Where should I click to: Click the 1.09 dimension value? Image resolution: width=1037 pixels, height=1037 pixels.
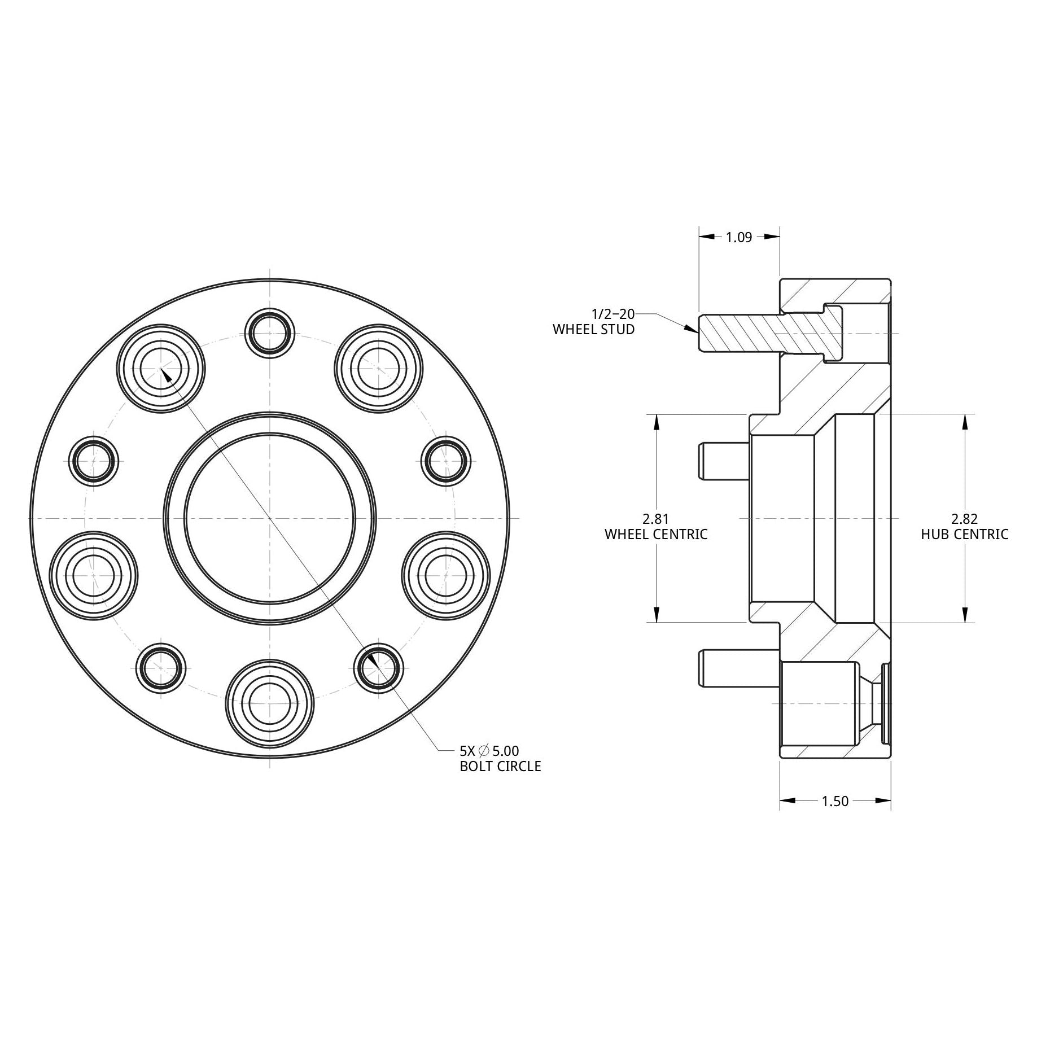click(x=739, y=238)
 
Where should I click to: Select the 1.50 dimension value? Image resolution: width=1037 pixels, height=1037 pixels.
click(x=835, y=801)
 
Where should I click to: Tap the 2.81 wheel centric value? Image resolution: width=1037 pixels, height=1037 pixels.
click(x=656, y=518)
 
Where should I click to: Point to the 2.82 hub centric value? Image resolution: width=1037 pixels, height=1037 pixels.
click(x=964, y=518)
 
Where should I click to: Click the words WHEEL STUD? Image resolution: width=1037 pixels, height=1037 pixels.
click(x=593, y=330)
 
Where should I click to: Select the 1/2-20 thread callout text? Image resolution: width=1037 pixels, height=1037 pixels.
click(x=612, y=314)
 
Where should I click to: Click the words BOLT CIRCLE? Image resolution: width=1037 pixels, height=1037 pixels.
click(x=500, y=767)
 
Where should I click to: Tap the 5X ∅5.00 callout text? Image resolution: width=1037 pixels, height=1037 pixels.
click(x=489, y=751)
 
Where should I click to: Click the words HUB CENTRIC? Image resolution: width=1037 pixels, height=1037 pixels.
click(x=964, y=534)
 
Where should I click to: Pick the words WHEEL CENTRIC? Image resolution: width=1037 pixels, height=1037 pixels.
click(x=656, y=534)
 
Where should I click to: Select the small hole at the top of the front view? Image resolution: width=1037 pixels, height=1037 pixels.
click(x=270, y=333)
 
